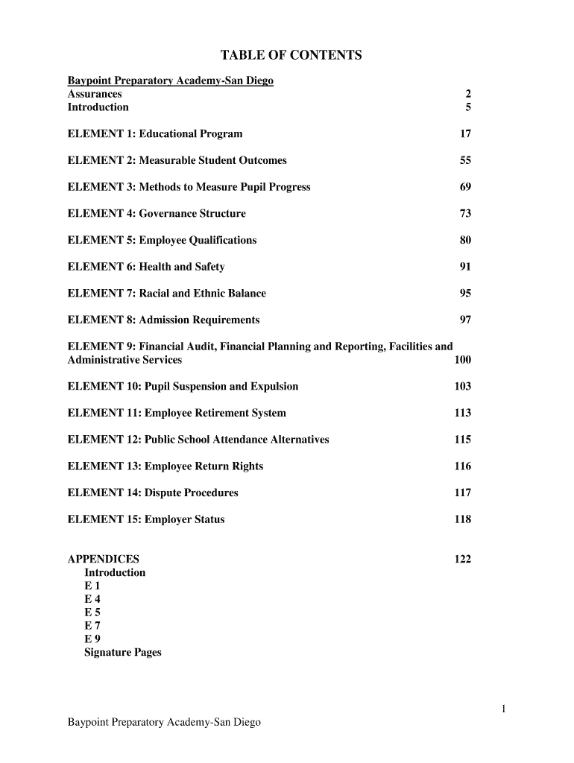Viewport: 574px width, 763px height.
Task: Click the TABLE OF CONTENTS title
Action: coord(291,56)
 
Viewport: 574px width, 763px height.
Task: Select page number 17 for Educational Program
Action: coord(465,134)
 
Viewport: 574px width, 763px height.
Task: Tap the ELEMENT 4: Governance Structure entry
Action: coord(157,214)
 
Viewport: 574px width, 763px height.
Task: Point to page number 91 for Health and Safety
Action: coord(465,267)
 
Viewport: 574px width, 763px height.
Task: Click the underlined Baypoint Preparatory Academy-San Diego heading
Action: coord(171,80)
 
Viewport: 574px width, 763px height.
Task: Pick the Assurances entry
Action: coord(95,94)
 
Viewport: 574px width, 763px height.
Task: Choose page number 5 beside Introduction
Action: coord(468,107)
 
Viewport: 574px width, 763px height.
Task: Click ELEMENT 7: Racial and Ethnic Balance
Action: coord(166,294)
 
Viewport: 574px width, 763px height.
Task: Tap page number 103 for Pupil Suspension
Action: coord(462,387)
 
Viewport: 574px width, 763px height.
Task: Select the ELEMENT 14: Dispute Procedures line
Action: coord(153,493)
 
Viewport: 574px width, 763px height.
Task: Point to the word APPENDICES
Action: coord(103,560)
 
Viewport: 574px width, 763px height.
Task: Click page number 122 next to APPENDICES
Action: coord(462,560)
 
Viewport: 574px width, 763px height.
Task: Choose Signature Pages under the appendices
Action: coord(123,653)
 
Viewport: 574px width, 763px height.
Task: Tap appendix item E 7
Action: coord(92,626)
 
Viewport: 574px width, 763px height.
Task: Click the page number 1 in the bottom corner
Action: coord(504,709)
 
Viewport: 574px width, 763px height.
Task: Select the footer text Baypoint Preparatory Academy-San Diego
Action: coord(164,723)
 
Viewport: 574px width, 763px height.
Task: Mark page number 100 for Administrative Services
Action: coord(462,360)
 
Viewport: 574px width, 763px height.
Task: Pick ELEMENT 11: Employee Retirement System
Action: coord(177,414)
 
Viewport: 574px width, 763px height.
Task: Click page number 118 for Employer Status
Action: coord(462,519)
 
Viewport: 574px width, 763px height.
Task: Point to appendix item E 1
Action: coord(92,586)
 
